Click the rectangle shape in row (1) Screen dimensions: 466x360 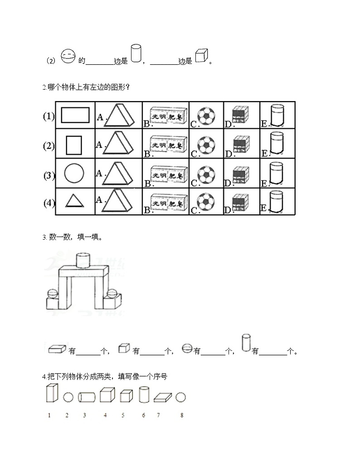coord(75,115)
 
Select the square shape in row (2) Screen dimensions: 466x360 coord(73,145)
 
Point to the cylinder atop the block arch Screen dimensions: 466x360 coord(84,260)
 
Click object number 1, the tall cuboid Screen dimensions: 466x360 coord(52,393)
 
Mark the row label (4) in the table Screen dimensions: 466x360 coord(49,203)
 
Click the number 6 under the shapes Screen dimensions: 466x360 coord(144,415)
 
